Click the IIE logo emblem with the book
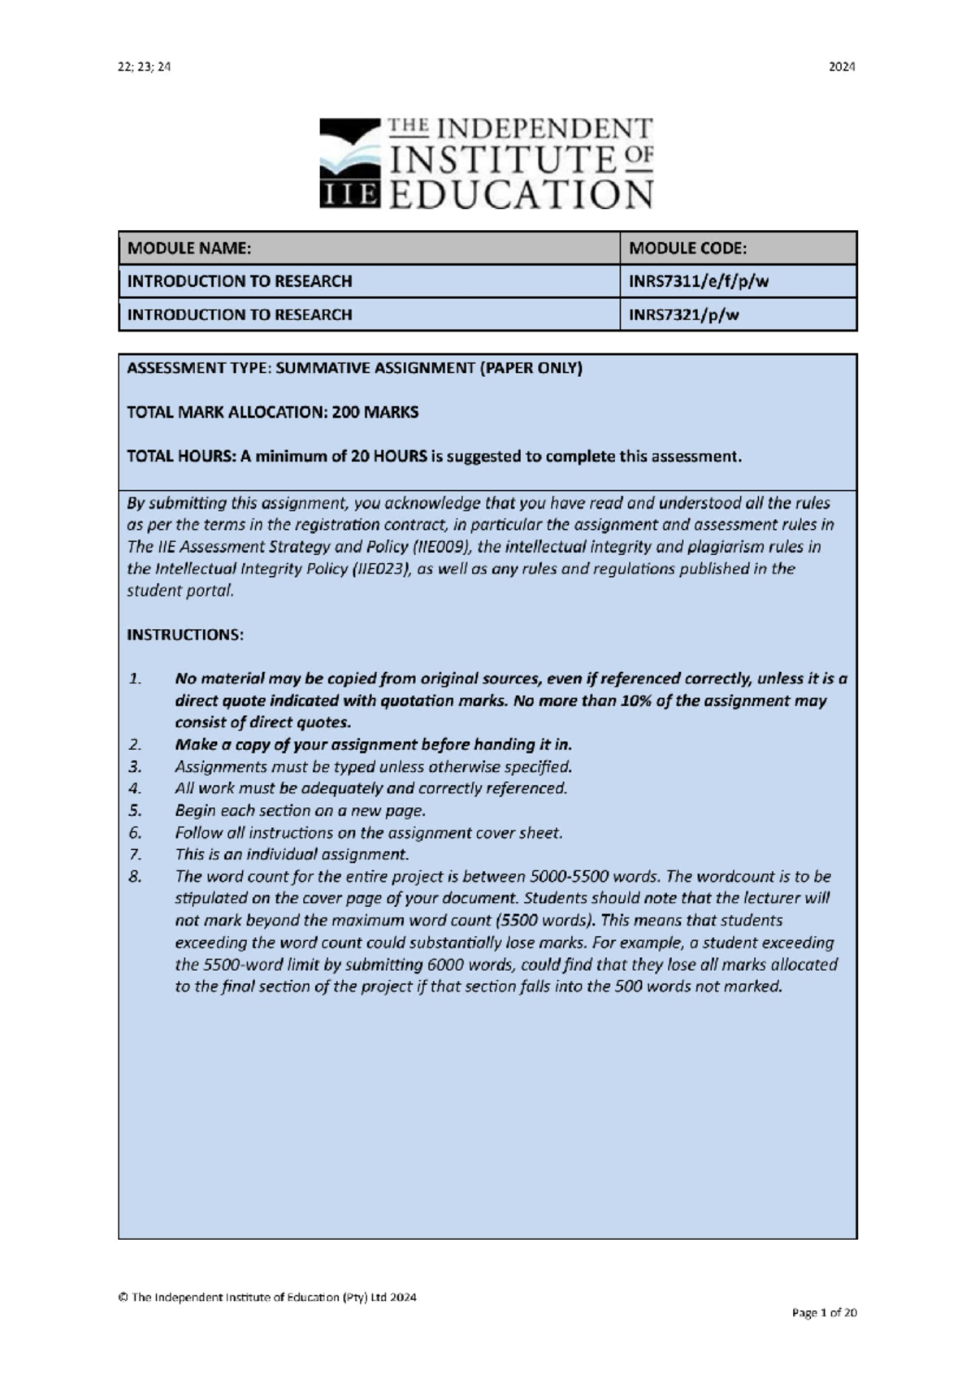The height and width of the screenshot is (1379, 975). (349, 163)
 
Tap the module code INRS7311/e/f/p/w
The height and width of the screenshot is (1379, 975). (698, 281)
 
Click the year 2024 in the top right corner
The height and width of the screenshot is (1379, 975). (841, 67)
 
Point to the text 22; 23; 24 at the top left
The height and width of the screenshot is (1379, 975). (144, 67)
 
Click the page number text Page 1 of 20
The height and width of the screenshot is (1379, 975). (824, 1312)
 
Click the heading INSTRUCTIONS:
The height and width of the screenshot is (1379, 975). (184, 635)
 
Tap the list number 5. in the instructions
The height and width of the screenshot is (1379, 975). (135, 810)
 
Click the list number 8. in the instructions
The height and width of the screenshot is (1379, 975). (135, 876)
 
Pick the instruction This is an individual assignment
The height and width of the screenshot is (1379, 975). (291, 854)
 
